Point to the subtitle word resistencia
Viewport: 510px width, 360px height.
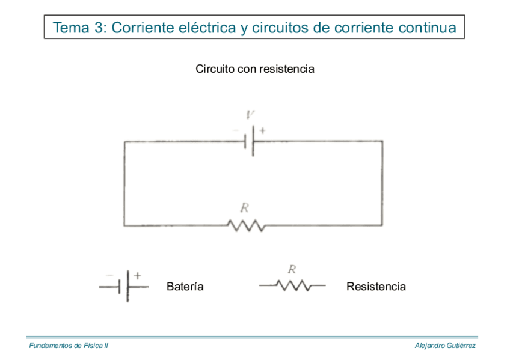[x=287, y=69]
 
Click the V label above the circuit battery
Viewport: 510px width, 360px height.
[x=251, y=114]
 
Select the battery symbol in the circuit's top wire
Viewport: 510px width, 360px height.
[x=252, y=141]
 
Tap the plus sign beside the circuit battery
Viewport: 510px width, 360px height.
[x=262, y=130]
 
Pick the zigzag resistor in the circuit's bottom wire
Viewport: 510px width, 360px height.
[x=245, y=225]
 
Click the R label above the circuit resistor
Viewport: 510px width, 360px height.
[x=245, y=208]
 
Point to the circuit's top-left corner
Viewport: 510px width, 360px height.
[x=124, y=142]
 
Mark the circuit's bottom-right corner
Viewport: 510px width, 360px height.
[x=382, y=225]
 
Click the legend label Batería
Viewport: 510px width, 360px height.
[x=185, y=287]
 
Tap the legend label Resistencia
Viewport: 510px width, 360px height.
[x=376, y=287]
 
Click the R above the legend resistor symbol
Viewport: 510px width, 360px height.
[x=292, y=269]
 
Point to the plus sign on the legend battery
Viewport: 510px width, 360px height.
[x=137, y=275]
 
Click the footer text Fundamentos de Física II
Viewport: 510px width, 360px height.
[x=69, y=346]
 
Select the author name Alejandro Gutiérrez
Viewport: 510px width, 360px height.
[x=446, y=346]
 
